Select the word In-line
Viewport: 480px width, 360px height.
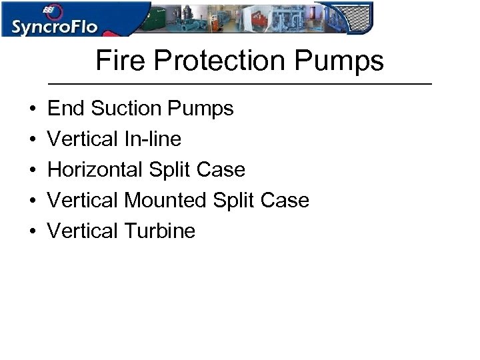tap(152, 139)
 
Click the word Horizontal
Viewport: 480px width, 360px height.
tap(95, 169)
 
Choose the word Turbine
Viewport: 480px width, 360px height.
tap(159, 231)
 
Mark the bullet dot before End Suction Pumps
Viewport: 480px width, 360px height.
tap(32, 109)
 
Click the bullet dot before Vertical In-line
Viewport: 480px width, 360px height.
tap(32, 139)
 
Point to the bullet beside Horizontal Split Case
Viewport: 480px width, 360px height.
tap(32, 170)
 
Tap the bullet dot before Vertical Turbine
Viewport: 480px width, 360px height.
tap(32, 231)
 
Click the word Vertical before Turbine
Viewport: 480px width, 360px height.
tap(83, 231)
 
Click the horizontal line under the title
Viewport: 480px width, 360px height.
tap(241, 84)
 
